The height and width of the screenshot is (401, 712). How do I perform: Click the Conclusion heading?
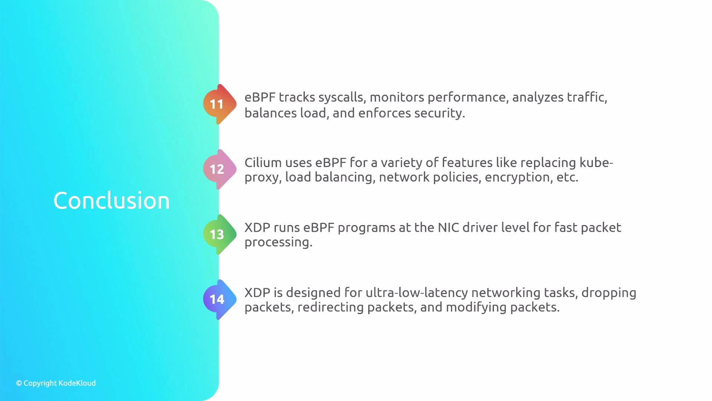click(x=112, y=201)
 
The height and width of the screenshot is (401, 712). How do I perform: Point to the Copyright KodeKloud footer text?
click(x=56, y=383)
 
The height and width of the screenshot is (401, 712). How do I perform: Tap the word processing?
click(x=278, y=242)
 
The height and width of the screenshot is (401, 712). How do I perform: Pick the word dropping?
click(x=609, y=293)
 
